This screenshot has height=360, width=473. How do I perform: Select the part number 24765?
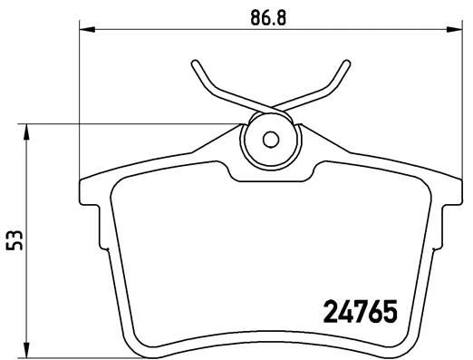tap(361, 314)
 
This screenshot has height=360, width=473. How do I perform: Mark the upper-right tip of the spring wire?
tap(344, 63)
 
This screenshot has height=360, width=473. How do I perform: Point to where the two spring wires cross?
tap(269, 107)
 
